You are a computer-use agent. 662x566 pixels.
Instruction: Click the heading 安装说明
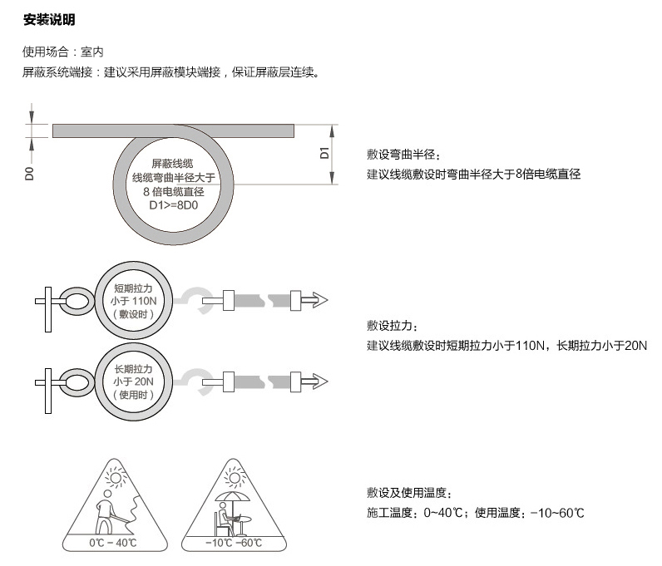click(49, 19)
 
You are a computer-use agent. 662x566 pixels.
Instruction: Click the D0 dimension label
click(29, 174)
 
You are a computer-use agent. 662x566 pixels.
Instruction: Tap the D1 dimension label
click(324, 153)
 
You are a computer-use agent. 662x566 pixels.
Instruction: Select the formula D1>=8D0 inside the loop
click(174, 205)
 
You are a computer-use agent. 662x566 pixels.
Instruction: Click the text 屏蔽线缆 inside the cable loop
click(172, 164)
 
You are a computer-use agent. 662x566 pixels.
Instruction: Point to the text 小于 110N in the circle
click(133, 301)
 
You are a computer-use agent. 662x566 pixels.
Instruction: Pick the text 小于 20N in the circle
click(133, 381)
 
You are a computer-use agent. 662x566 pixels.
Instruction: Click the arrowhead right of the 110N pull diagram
click(320, 300)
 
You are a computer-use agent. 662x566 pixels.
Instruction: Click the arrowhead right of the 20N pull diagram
click(320, 381)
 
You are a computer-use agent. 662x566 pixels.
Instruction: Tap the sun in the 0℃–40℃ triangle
click(116, 477)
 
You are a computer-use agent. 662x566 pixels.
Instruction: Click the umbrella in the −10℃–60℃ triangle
click(233, 497)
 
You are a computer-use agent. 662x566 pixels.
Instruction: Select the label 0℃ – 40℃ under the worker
click(113, 543)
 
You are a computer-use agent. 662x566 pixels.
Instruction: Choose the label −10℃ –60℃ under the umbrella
click(234, 543)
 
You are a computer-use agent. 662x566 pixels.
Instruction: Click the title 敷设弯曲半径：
click(404, 155)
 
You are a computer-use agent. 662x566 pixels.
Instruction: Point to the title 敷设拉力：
click(393, 326)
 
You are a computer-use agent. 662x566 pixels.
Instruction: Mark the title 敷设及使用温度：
click(410, 493)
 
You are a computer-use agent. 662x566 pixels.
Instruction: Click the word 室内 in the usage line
click(92, 52)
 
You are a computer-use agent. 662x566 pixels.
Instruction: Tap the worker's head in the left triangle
click(107, 494)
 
